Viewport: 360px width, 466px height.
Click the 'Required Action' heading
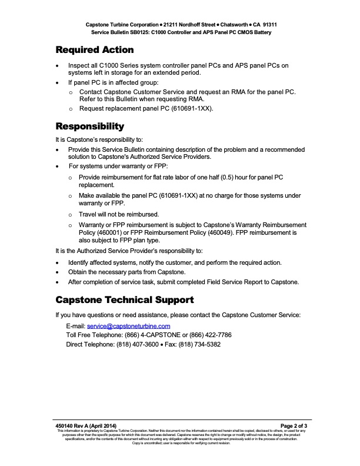click(95, 50)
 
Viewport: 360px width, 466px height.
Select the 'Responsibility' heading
click(89, 127)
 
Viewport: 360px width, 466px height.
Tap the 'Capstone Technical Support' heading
click(125, 300)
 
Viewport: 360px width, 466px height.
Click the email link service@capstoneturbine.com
click(128, 325)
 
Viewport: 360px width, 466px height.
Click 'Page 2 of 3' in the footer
click(294, 425)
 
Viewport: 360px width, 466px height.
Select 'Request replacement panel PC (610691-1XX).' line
click(146, 109)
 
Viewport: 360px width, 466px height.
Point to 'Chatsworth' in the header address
click(234, 25)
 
